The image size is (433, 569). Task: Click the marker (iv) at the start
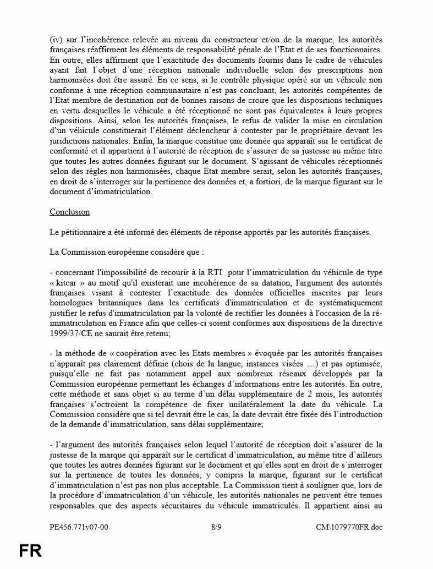[57, 40]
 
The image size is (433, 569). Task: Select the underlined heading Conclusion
[69, 212]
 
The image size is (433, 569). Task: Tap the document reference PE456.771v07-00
[79, 527]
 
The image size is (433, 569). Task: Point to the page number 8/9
[216, 527]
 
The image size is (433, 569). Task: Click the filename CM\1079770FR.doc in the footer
[349, 527]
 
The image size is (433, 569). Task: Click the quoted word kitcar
[69, 283]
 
